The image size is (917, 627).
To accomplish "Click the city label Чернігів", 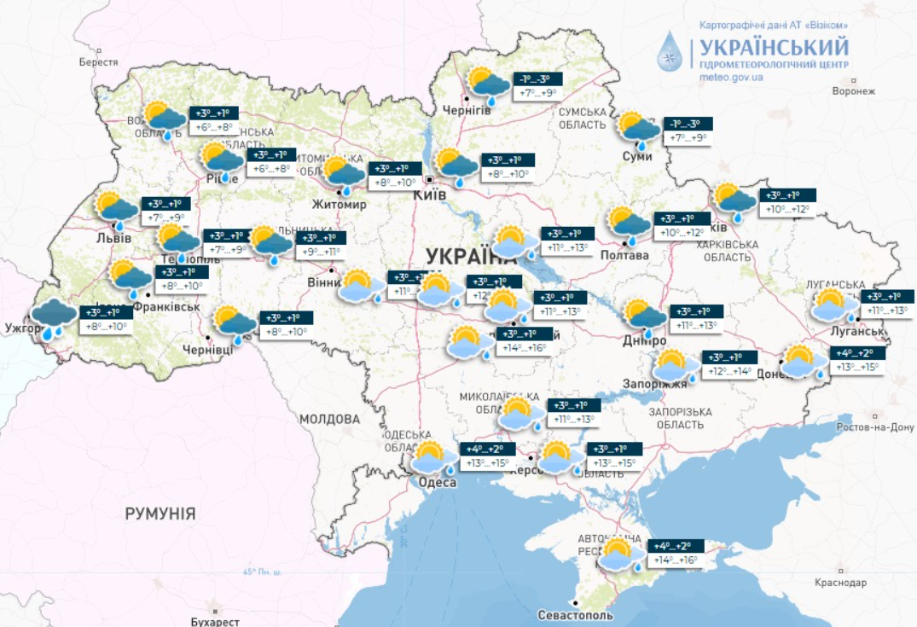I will pyautogui.click(x=467, y=111).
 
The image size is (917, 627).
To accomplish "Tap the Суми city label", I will pyautogui.click(x=637, y=156).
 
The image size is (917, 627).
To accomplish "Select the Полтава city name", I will pyautogui.click(x=624, y=255).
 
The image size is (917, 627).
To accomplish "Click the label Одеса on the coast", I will pyautogui.click(x=437, y=483).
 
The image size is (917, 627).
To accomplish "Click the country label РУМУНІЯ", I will pyautogui.click(x=160, y=514).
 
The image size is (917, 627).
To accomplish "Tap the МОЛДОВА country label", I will pyautogui.click(x=329, y=419).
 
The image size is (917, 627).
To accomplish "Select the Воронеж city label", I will pyautogui.click(x=854, y=91).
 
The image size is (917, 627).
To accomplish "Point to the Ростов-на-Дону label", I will pyautogui.click(x=875, y=427).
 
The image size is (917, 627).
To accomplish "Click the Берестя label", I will pyautogui.click(x=98, y=62).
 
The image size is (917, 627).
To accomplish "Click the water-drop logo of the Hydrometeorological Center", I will pyautogui.click(x=670, y=52).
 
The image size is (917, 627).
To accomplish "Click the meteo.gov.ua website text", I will pyautogui.click(x=731, y=78).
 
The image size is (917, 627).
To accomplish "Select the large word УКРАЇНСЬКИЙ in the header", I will pyautogui.click(x=774, y=46).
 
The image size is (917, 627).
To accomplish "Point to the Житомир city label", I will pyautogui.click(x=339, y=205).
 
